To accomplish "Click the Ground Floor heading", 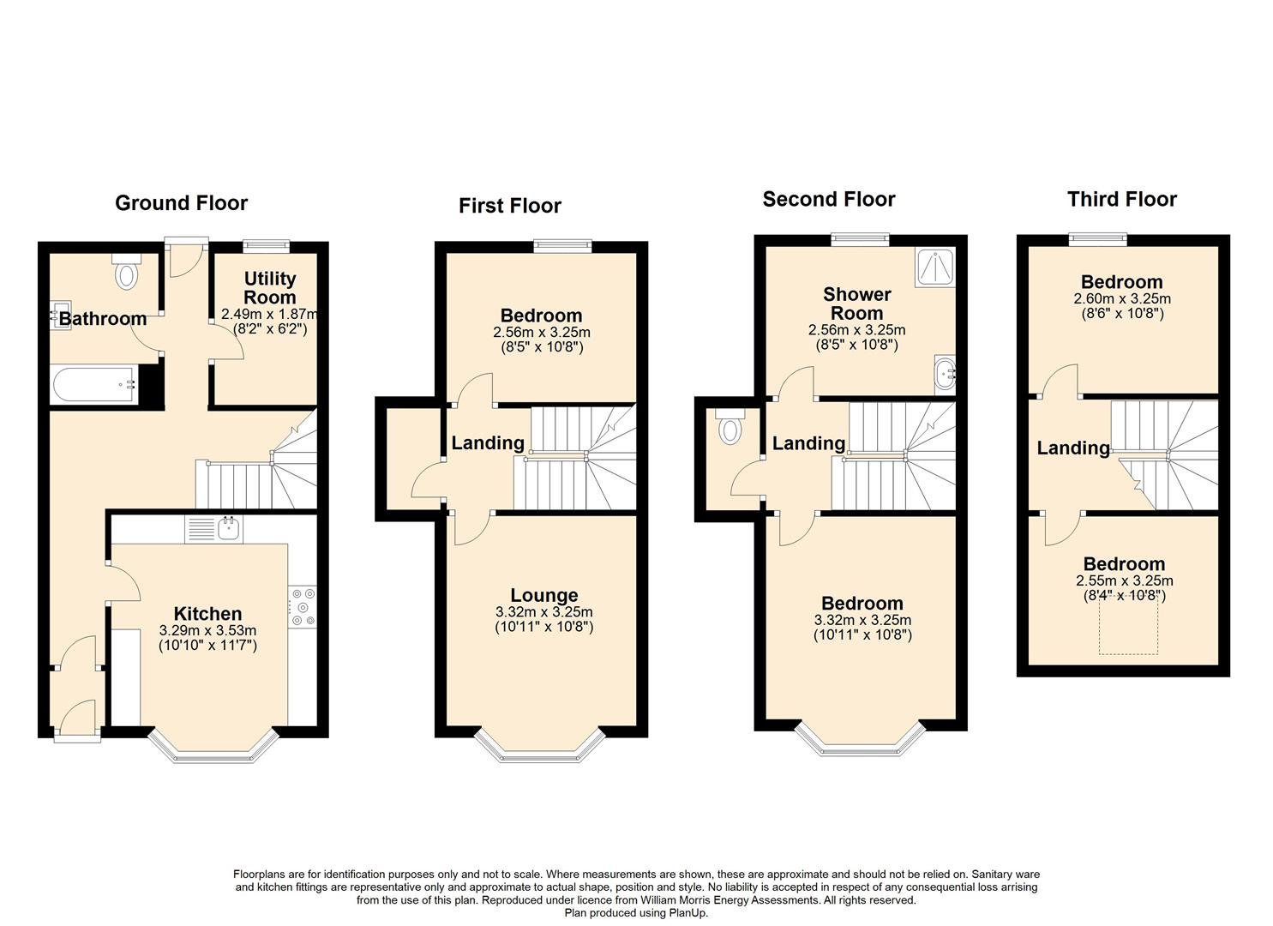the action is pos(181,203).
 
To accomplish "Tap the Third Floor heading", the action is pos(1122,199).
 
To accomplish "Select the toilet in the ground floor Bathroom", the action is pos(126,271).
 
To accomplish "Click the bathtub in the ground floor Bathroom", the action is pos(94,385).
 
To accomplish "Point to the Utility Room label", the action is pos(270,287).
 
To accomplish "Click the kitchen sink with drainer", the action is pos(213,529).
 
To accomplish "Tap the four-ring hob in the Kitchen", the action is pos(303,606).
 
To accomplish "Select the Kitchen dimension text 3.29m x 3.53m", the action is pos(208,630).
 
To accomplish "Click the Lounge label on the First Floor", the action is pos(543,594).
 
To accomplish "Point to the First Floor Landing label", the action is pos(488,442).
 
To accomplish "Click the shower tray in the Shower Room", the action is pos(935,267).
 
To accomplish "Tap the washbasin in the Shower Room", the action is pos(945,375).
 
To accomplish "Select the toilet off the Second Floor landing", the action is pos(730,426).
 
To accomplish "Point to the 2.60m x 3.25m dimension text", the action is pos(1122,298).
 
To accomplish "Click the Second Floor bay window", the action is pos(862,742).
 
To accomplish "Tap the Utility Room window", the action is pos(267,245).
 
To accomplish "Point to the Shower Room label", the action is pos(856,304).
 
